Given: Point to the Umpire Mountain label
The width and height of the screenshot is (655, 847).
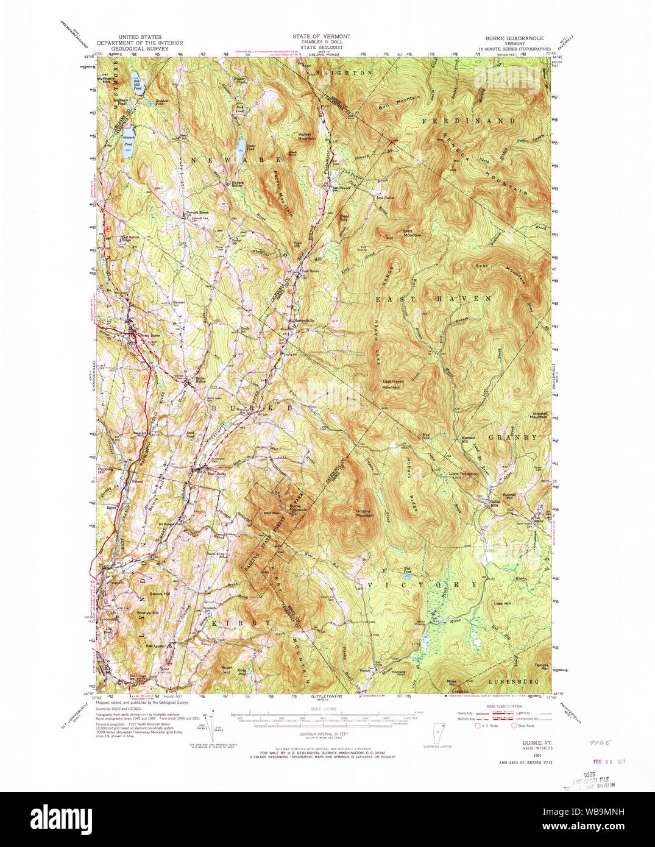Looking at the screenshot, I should pos(365,513).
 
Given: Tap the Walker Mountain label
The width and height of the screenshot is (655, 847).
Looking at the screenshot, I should pos(306,136).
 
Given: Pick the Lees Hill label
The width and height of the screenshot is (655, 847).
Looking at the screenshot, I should pos(503,603).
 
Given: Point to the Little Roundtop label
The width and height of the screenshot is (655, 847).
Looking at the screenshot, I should pos(462,473).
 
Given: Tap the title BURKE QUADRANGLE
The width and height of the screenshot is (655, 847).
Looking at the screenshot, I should pos(514,38).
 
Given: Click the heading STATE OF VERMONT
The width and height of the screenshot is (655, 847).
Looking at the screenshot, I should pos(321,37).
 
